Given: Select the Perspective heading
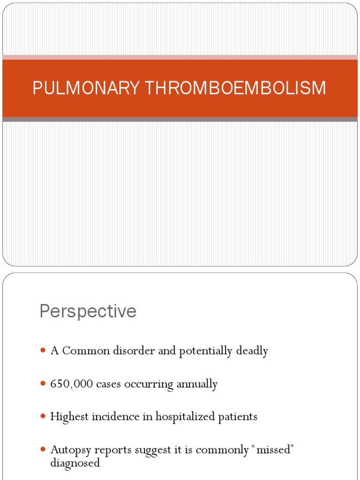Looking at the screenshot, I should [x=88, y=311].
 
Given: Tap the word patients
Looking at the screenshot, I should [x=237, y=416].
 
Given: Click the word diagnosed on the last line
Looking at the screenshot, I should [x=75, y=463].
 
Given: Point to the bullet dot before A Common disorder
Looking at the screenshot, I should [x=43, y=351].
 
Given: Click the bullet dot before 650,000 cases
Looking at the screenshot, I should [x=43, y=384].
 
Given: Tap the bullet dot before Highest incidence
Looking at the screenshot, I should [x=43, y=416].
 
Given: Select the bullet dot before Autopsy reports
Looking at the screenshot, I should [x=43, y=449].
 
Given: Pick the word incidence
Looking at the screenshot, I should [x=111, y=416].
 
